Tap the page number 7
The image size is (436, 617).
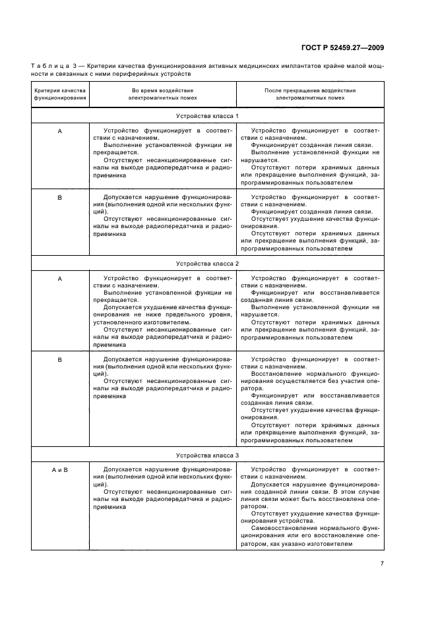pyautogui.click(x=381, y=563)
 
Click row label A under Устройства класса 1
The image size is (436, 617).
pyautogui.click(x=59, y=132)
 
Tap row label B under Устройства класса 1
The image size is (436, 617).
pyautogui.click(x=59, y=197)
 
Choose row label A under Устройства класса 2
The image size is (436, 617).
pyautogui.click(x=59, y=279)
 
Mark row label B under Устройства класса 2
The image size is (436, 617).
pyautogui.click(x=59, y=359)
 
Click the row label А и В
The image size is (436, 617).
pyautogui.click(x=59, y=469)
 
